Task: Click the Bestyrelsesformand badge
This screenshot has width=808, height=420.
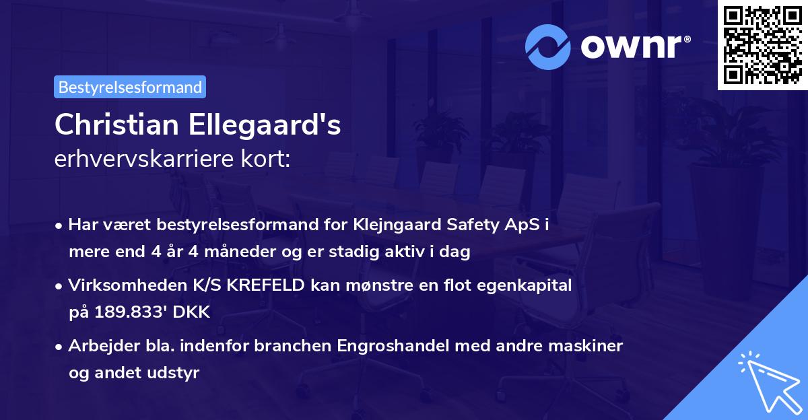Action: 130,87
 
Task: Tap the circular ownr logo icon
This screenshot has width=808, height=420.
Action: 549,46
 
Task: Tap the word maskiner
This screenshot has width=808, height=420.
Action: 588,346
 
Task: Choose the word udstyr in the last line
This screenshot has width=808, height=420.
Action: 176,373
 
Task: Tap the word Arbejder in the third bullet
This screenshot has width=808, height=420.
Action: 98,346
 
